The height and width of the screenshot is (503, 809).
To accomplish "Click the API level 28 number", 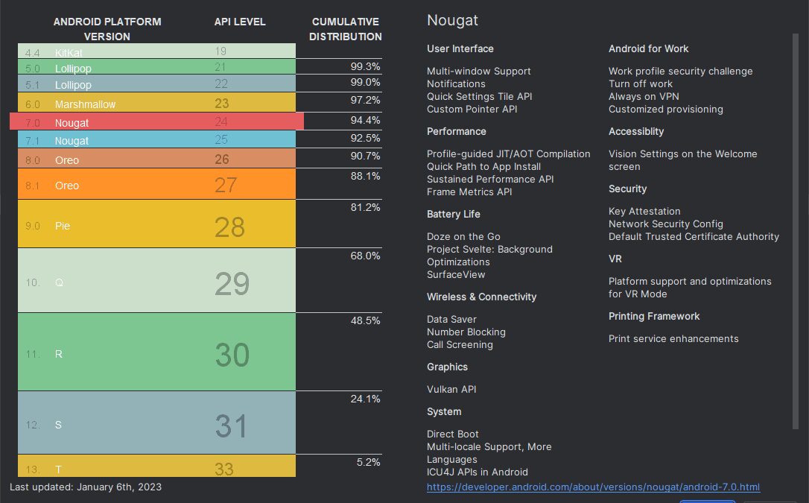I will coord(229,227).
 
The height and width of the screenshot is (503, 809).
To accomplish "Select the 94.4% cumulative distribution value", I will coord(365,120).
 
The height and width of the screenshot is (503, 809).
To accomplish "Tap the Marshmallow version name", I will coord(85,104).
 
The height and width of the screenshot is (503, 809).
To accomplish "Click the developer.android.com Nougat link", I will coord(593,487).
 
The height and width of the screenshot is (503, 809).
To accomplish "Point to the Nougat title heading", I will coord(452,20).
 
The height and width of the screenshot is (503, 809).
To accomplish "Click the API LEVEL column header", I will coord(240,22).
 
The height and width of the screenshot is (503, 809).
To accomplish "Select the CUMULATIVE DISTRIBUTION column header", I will coord(346,29).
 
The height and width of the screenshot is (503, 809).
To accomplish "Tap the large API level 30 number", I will coord(232,355).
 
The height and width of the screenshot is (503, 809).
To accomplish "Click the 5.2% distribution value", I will coord(368,462).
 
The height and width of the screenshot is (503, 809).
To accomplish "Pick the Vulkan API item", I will coord(451,389).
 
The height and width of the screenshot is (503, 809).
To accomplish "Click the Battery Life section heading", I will coord(453,214).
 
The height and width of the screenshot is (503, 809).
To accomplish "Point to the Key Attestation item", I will coord(644,211).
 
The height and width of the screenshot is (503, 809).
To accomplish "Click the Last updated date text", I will coord(86,487).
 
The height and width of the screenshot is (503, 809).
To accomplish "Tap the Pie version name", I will coord(63,225).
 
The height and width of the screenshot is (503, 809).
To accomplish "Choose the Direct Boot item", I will coord(453,434).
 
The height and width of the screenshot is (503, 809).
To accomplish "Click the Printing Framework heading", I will coord(654,316).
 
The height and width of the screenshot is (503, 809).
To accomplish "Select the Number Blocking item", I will coord(466,332).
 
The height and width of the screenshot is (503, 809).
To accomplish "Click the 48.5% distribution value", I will coord(365,320).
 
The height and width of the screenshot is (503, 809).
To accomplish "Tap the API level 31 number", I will coord(232,426).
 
